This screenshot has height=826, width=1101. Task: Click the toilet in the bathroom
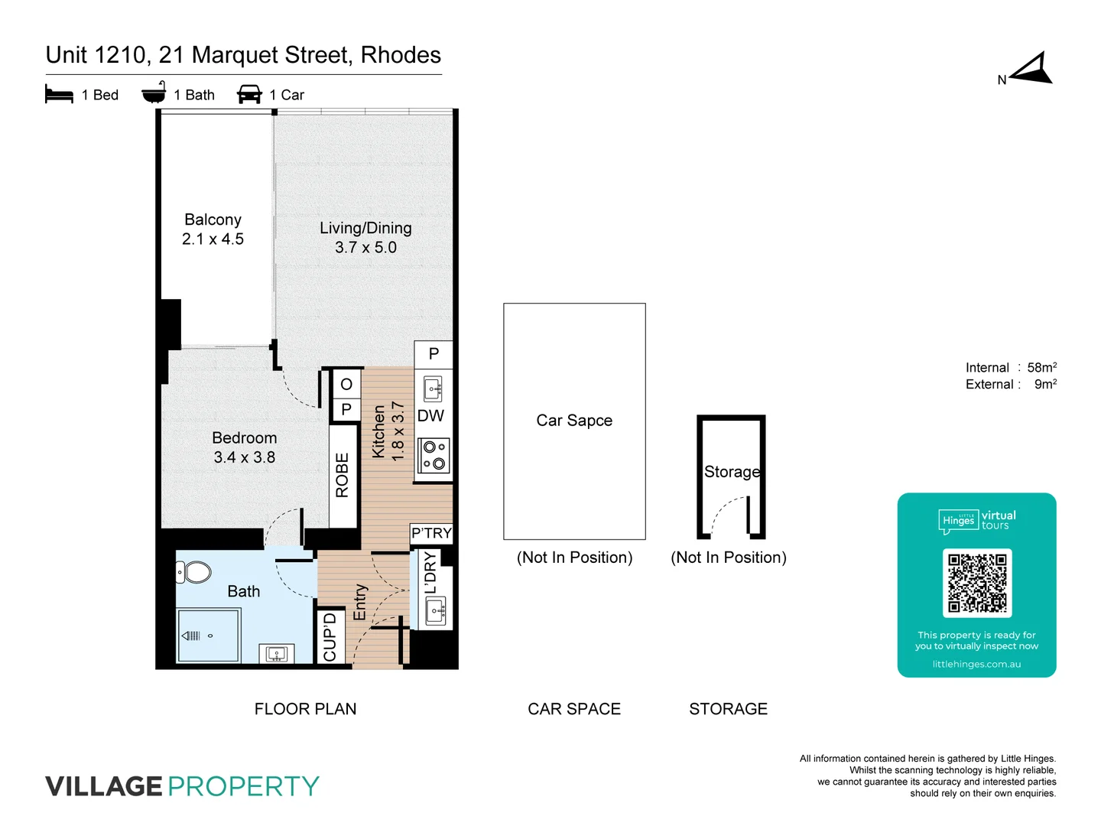pos(194,571)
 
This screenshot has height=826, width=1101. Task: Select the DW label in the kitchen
pos(430,415)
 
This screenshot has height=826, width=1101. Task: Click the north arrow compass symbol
pos(1031,70)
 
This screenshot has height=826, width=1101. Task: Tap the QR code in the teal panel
pos(976,583)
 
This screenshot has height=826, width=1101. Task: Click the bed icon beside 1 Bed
pos(59,94)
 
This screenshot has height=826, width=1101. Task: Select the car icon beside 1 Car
pos(249,94)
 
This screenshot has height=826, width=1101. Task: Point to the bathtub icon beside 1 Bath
pos(154,93)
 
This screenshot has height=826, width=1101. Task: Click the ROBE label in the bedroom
pos(343,475)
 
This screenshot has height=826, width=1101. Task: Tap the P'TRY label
pos(431,533)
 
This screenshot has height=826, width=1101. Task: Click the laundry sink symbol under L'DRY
pos(436,611)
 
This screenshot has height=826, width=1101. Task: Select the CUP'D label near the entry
pos(330,636)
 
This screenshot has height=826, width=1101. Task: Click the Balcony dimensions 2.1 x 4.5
pos(213,239)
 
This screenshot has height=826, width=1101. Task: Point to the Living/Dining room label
pos(365,228)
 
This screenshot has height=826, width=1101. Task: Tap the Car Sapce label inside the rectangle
pos(574,421)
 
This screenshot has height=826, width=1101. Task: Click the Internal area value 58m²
pos(1041,368)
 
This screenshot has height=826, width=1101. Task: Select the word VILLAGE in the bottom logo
pos(104,786)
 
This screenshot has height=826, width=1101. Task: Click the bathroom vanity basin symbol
pos(276,653)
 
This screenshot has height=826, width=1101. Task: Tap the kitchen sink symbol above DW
pos(433,389)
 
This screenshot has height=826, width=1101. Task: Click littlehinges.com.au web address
pos(976,664)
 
